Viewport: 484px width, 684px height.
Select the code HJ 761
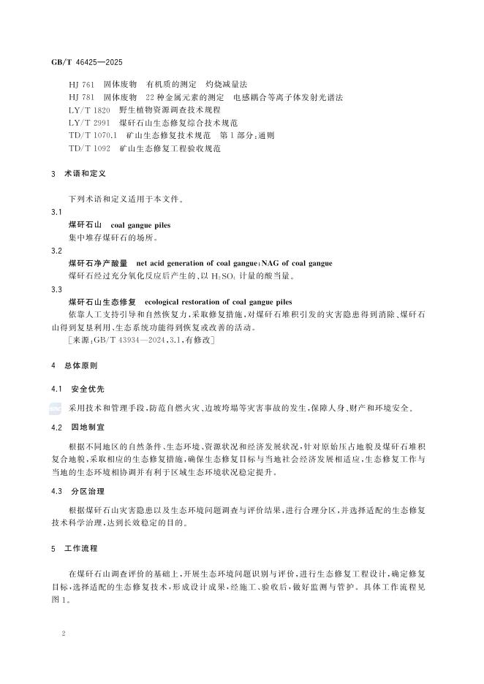pyautogui.click(x=80, y=85)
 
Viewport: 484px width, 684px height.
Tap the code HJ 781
pyautogui.click(x=80, y=98)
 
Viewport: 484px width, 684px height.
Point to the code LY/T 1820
pyautogui.click(x=85, y=110)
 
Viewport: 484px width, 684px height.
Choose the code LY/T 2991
pyautogui.click(x=85, y=123)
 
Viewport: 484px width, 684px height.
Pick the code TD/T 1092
pyautogui.click(x=85, y=148)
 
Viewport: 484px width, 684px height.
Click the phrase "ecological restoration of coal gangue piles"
pyautogui.click(x=218, y=302)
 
